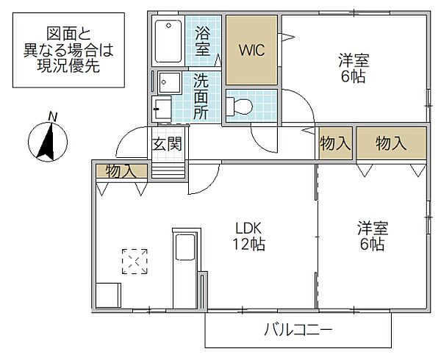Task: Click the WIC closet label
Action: coord(251,50)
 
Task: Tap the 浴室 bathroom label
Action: coord(204,41)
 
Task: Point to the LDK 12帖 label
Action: coord(249,234)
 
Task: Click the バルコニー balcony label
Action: coord(298,330)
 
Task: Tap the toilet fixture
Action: coord(240,106)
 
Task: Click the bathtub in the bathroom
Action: coord(169,41)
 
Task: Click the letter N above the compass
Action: coord(51,116)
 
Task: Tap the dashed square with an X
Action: coord(135,262)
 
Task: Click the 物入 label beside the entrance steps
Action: coord(121,171)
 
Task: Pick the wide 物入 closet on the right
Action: coord(391,144)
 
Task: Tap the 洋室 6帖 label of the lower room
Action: coord(370,235)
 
